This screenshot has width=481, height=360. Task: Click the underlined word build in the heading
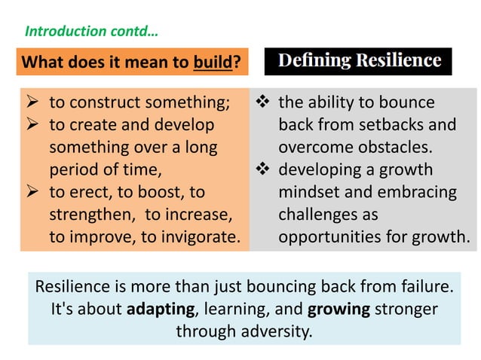pos(212,62)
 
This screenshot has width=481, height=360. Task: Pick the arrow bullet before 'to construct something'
pos(32,102)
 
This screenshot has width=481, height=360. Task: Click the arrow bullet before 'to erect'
pos(32,192)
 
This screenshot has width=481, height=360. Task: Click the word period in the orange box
pos(74,169)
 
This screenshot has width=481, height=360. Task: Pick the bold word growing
pos(339,310)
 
